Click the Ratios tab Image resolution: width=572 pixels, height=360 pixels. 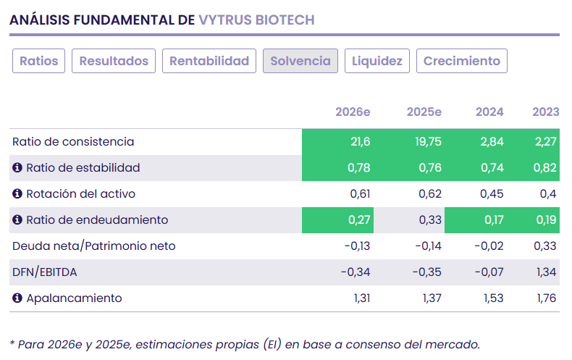click(39, 61)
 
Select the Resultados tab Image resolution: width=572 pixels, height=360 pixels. click(114, 61)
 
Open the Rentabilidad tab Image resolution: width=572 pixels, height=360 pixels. click(209, 61)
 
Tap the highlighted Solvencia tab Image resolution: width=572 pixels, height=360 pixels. click(300, 61)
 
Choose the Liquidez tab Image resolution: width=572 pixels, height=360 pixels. click(377, 61)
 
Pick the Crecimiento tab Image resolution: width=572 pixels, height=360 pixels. click(462, 61)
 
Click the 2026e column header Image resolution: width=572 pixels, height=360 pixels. click(353, 112)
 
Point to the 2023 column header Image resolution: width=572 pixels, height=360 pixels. click(545, 112)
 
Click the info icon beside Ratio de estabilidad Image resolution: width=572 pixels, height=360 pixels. click(18, 168)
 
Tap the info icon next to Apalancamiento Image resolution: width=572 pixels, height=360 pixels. click(18, 298)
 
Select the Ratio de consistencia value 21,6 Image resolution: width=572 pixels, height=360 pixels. click(360, 142)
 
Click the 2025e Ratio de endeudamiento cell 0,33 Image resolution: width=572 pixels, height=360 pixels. click(430, 220)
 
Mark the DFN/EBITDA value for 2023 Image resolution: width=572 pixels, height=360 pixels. click(547, 272)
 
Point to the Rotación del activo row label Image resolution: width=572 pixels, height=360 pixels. click(80, 194)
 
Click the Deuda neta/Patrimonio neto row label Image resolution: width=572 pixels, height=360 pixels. click(93, 246)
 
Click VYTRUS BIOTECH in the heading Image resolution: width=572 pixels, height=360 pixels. click(256, 20)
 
